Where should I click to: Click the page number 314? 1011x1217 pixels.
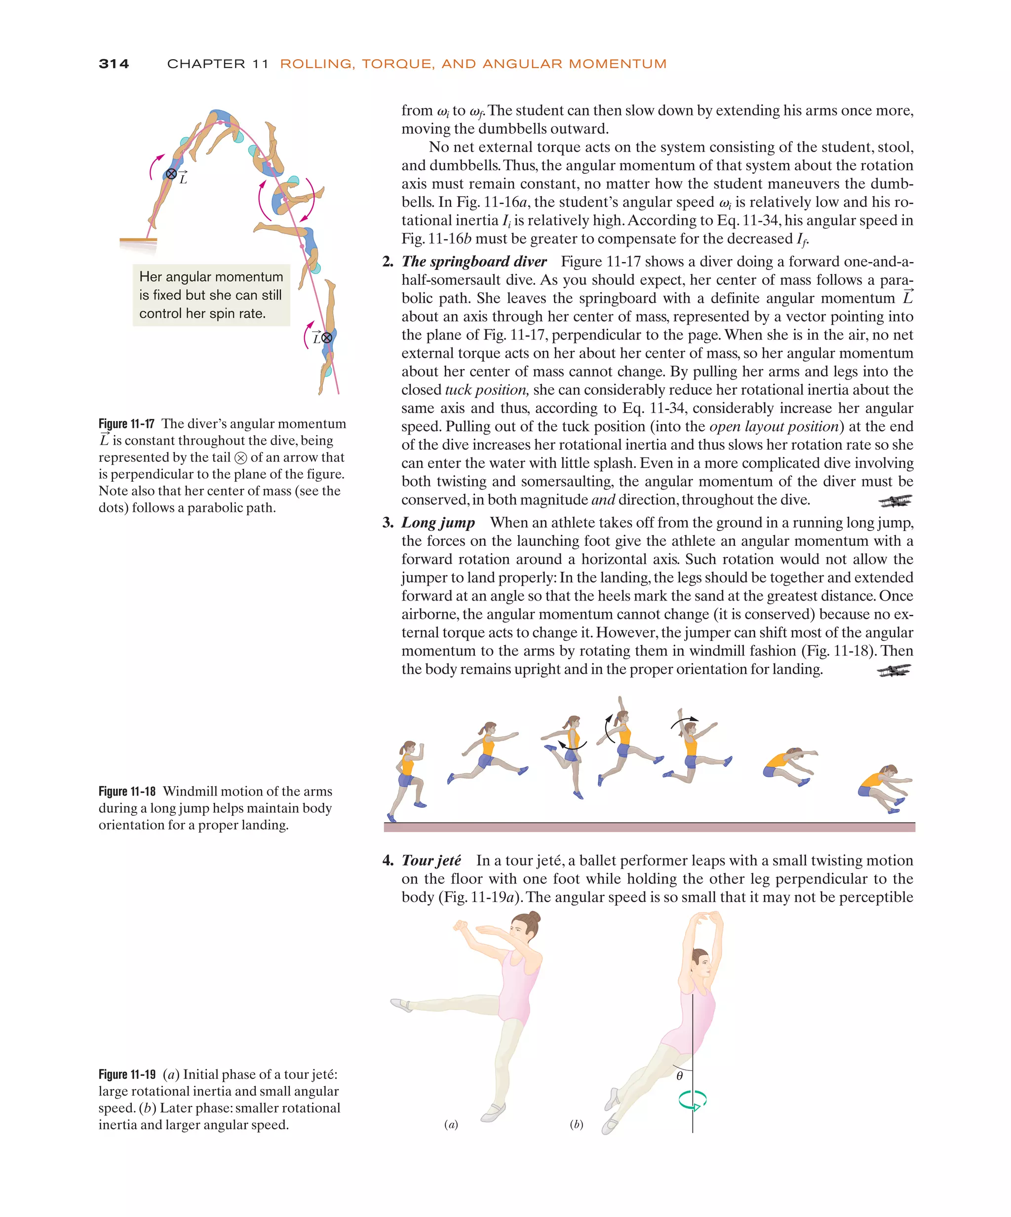[114, 64]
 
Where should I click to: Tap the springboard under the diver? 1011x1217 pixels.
[138, 239]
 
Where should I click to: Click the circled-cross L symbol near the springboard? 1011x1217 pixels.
[172, 174]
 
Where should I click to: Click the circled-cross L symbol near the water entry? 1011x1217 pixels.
[326, 337]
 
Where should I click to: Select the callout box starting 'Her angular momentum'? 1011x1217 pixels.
[211, 295]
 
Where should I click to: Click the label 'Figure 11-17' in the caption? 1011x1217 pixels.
[126, 423]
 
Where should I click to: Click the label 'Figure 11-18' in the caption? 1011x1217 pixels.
[127, 791]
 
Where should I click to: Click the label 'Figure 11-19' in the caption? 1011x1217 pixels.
[127, 1074]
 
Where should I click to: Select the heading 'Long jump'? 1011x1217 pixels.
[438, 522]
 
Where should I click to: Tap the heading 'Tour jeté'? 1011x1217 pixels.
[431, 860]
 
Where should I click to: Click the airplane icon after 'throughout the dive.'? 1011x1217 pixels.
[894, 501]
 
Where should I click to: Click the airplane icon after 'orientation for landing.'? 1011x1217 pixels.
[894, 671]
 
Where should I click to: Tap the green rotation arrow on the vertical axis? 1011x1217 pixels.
[692, 1100]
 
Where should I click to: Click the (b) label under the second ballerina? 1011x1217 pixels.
[576, 1125]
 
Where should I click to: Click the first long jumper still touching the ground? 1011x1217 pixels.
[407, 779]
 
